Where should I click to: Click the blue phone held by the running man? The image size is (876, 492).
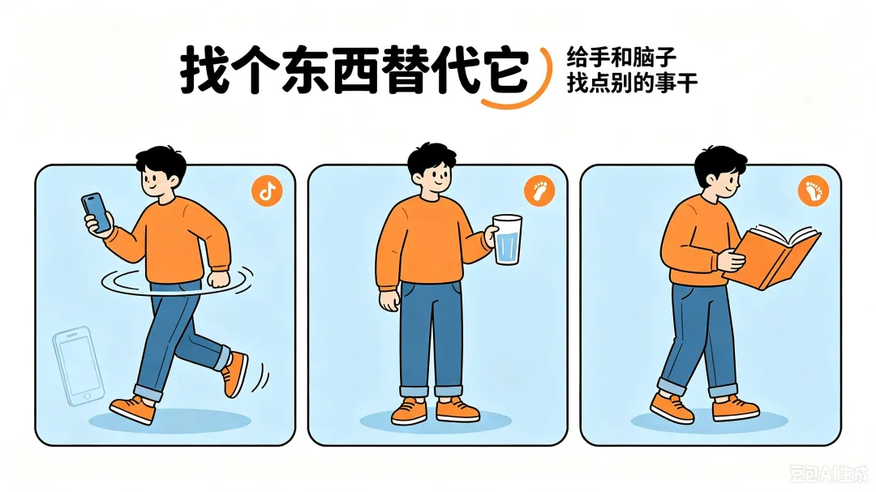[x=96, y=212]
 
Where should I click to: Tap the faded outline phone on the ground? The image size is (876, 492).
[x=78, y=366]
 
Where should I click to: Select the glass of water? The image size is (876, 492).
[x=507, y=240]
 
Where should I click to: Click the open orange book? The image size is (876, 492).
[x=775, y=257]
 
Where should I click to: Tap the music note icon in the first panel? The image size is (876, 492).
[x=267, y=191]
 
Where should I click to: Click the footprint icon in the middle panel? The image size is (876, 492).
[x=539, y=191]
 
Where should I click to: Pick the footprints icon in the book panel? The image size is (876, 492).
[x=814, y=191]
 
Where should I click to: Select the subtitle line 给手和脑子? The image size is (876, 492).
[x=621, y=57]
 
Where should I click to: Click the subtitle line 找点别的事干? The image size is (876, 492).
[x=632, y=83]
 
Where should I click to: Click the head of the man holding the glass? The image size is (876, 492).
[x=431, y=168]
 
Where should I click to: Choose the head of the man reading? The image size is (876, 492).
[x=719, y=171]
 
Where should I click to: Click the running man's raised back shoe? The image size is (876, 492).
[x=234, y=374]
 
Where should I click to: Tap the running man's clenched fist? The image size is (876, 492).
[x=218, y=279]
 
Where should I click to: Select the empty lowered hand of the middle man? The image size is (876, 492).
[x=389, y=300]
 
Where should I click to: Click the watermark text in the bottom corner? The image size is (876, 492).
[x=829, y=474]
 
